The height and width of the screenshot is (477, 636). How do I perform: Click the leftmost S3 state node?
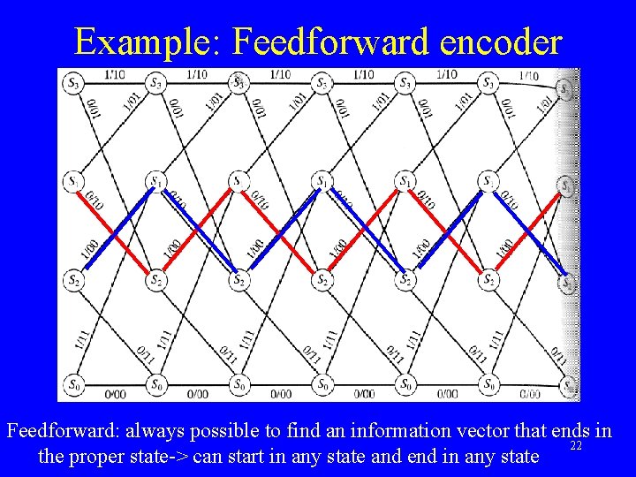[x=72, y=84]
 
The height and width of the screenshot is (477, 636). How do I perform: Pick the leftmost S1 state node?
[x=72, y=182]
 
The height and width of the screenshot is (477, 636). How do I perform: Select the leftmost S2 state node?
[x=72, y=280]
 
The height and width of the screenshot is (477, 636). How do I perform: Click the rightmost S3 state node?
[x=565, y=88]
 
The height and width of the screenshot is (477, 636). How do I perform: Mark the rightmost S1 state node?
[x=565, y=185]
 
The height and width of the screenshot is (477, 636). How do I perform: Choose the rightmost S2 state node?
[x=565, y=284]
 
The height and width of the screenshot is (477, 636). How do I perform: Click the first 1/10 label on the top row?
[x=114, y=74]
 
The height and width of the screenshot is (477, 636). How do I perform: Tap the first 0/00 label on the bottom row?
[x=114, y=394]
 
